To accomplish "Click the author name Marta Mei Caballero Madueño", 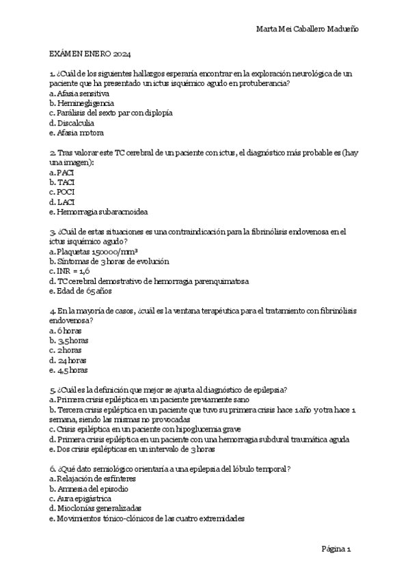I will click(307, 28).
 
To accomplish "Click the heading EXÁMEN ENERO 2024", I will click(91, 53).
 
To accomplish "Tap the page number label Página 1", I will click(336, 548).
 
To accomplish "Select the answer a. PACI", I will click(61, 173).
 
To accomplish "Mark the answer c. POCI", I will click(62, 193).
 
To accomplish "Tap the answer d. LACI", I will click(62, 202).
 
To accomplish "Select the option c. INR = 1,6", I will click(70, 271).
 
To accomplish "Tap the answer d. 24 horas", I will click(68, 360).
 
